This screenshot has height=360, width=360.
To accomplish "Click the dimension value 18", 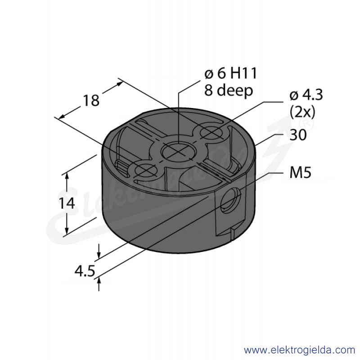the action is (91, 100).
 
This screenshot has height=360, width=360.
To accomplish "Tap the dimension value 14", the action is (67, 203).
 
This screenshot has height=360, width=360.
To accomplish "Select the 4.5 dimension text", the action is (85, 271).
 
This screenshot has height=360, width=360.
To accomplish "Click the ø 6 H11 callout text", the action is (230, 73).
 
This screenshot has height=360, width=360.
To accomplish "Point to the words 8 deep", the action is (229, 90).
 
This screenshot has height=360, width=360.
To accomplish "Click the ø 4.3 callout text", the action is (306, 95).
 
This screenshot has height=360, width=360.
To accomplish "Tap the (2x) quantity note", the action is (302, 112).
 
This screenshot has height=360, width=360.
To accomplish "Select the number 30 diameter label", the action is (298, 135).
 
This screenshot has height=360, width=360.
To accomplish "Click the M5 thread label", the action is (300, 172).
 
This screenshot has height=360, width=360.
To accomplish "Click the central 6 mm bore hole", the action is (179, 152).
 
